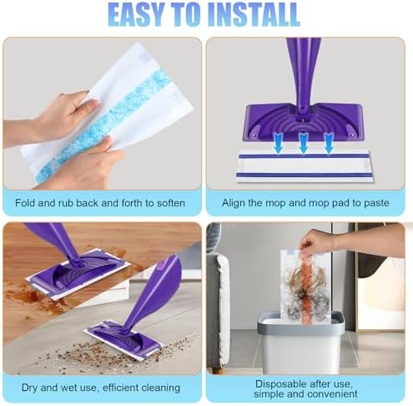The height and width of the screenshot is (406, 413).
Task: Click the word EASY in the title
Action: [x=136, y=14]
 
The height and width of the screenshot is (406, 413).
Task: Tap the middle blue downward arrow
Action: [x=303, y=143]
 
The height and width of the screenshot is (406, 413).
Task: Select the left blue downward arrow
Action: [x=278, y=143]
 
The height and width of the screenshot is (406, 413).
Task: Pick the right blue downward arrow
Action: [x=329, y=143]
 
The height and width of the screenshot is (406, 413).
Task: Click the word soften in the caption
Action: [x=171, y=203]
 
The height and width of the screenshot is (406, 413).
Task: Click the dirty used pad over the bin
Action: [x=305, y=287]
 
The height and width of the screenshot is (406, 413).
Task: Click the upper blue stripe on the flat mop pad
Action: [x=305, y=156]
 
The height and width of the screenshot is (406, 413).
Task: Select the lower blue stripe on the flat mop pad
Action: [x=305, y=175]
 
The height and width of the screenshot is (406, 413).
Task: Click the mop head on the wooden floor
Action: [x=78, y=274]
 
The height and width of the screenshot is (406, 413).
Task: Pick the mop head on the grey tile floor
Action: [x=123, y=339]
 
